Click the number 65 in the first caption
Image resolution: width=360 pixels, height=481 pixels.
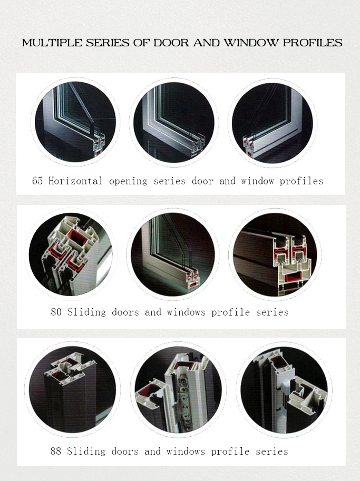[x=37, y=181]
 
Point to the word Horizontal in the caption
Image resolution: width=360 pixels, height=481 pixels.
[x=75, y=181]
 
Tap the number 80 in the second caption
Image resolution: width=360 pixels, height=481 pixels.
[x=56, y=312]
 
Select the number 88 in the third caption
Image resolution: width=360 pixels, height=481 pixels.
[x=56, y=451]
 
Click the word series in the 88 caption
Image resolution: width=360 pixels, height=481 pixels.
[x=272, y=451]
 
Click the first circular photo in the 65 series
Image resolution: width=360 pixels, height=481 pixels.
[x=75, y=122]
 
